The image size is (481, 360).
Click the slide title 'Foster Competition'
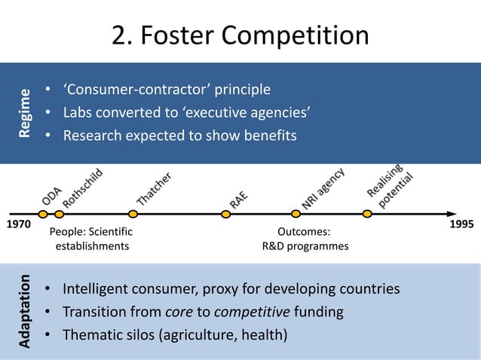click(240, 35)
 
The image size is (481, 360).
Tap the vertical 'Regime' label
click(26, 113)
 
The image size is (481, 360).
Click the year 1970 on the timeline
click(20, 225)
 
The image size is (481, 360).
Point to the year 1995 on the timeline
click(461, 225)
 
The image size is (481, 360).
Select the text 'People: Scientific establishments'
click(90, 239)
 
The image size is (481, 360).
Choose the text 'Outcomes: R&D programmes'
click(305, 239)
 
